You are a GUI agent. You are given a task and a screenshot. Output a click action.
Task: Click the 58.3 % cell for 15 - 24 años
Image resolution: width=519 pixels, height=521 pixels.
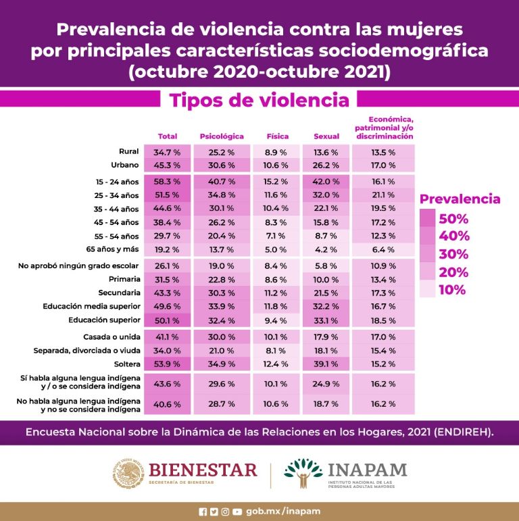(x=167, y=182)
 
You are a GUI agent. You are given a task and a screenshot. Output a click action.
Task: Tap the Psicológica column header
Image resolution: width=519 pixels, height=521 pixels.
(x=222, y=137)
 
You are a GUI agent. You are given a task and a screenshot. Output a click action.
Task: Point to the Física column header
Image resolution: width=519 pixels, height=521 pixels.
(x=278, y=137)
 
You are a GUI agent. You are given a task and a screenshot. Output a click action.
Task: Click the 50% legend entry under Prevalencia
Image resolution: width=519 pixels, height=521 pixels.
(x=453, y=219)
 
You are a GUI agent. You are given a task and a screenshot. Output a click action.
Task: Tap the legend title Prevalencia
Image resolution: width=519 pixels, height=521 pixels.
(x=460, y=199)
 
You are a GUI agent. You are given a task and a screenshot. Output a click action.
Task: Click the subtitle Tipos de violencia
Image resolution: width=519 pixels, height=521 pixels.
(x=259, y=101)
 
